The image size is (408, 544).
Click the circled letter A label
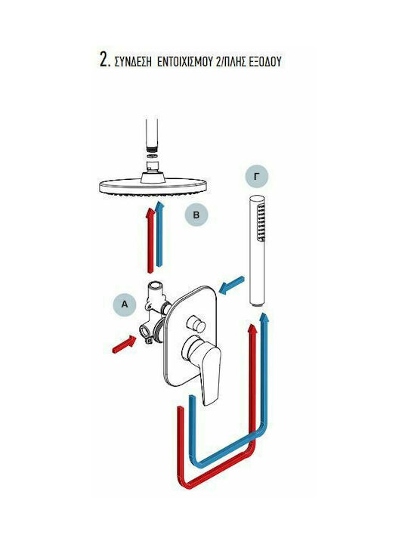124,304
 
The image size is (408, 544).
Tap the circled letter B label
196,215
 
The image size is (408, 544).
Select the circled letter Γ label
257,177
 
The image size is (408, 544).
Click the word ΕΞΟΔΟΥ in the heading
264,62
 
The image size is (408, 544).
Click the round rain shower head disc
153,187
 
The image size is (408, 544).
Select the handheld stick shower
257,251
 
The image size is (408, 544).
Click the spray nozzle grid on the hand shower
261,222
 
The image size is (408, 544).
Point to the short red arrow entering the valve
125,345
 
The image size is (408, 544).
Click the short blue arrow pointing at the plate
232,286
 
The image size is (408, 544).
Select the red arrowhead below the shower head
150,212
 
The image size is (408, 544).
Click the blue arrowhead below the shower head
159,206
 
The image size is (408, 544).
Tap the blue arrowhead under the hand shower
264,317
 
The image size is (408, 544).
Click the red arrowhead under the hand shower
253,329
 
